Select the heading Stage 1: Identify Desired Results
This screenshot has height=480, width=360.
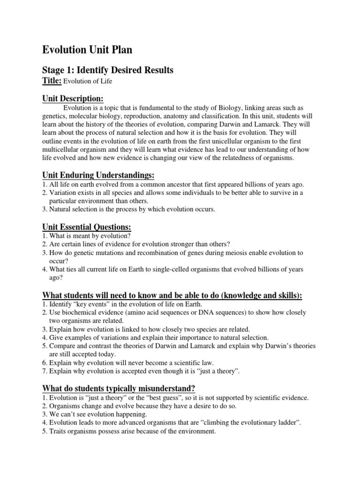108,70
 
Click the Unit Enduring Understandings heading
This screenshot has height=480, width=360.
98,175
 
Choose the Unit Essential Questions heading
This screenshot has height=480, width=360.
87,227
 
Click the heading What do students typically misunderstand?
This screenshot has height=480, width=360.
119,388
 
